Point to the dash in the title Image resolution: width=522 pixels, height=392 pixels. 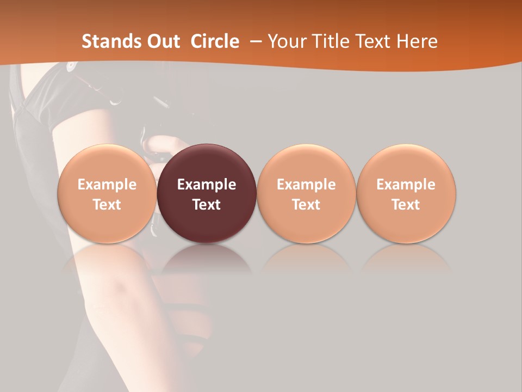[253, 41]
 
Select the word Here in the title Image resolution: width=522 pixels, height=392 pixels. [417, 41]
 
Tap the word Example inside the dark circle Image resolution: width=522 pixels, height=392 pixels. [207, 185]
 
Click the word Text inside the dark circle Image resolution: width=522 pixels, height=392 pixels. [207, 205]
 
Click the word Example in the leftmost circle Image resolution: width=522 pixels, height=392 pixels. [107, 185]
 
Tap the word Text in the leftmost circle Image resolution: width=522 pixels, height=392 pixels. [107, 205]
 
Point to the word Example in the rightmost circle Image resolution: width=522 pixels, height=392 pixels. [406, 185]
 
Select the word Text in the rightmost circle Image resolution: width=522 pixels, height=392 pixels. [406, 205]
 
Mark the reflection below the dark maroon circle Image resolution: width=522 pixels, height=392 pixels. [207, 259]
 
